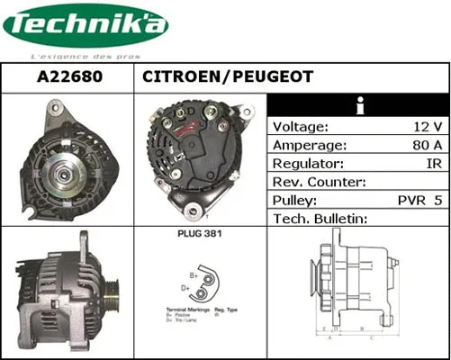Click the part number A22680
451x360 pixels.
(68, 77)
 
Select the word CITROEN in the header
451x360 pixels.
(183, 77)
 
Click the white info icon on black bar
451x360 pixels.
(359, 103)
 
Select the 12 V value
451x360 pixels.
(425, 126)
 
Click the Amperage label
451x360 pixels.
(309, 145)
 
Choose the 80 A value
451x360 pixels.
(424, 145)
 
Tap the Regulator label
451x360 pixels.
(308, 164)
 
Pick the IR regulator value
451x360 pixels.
(433, 164)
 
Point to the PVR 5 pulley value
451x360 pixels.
(419, 200)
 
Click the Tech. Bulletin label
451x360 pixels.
(321, 219)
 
